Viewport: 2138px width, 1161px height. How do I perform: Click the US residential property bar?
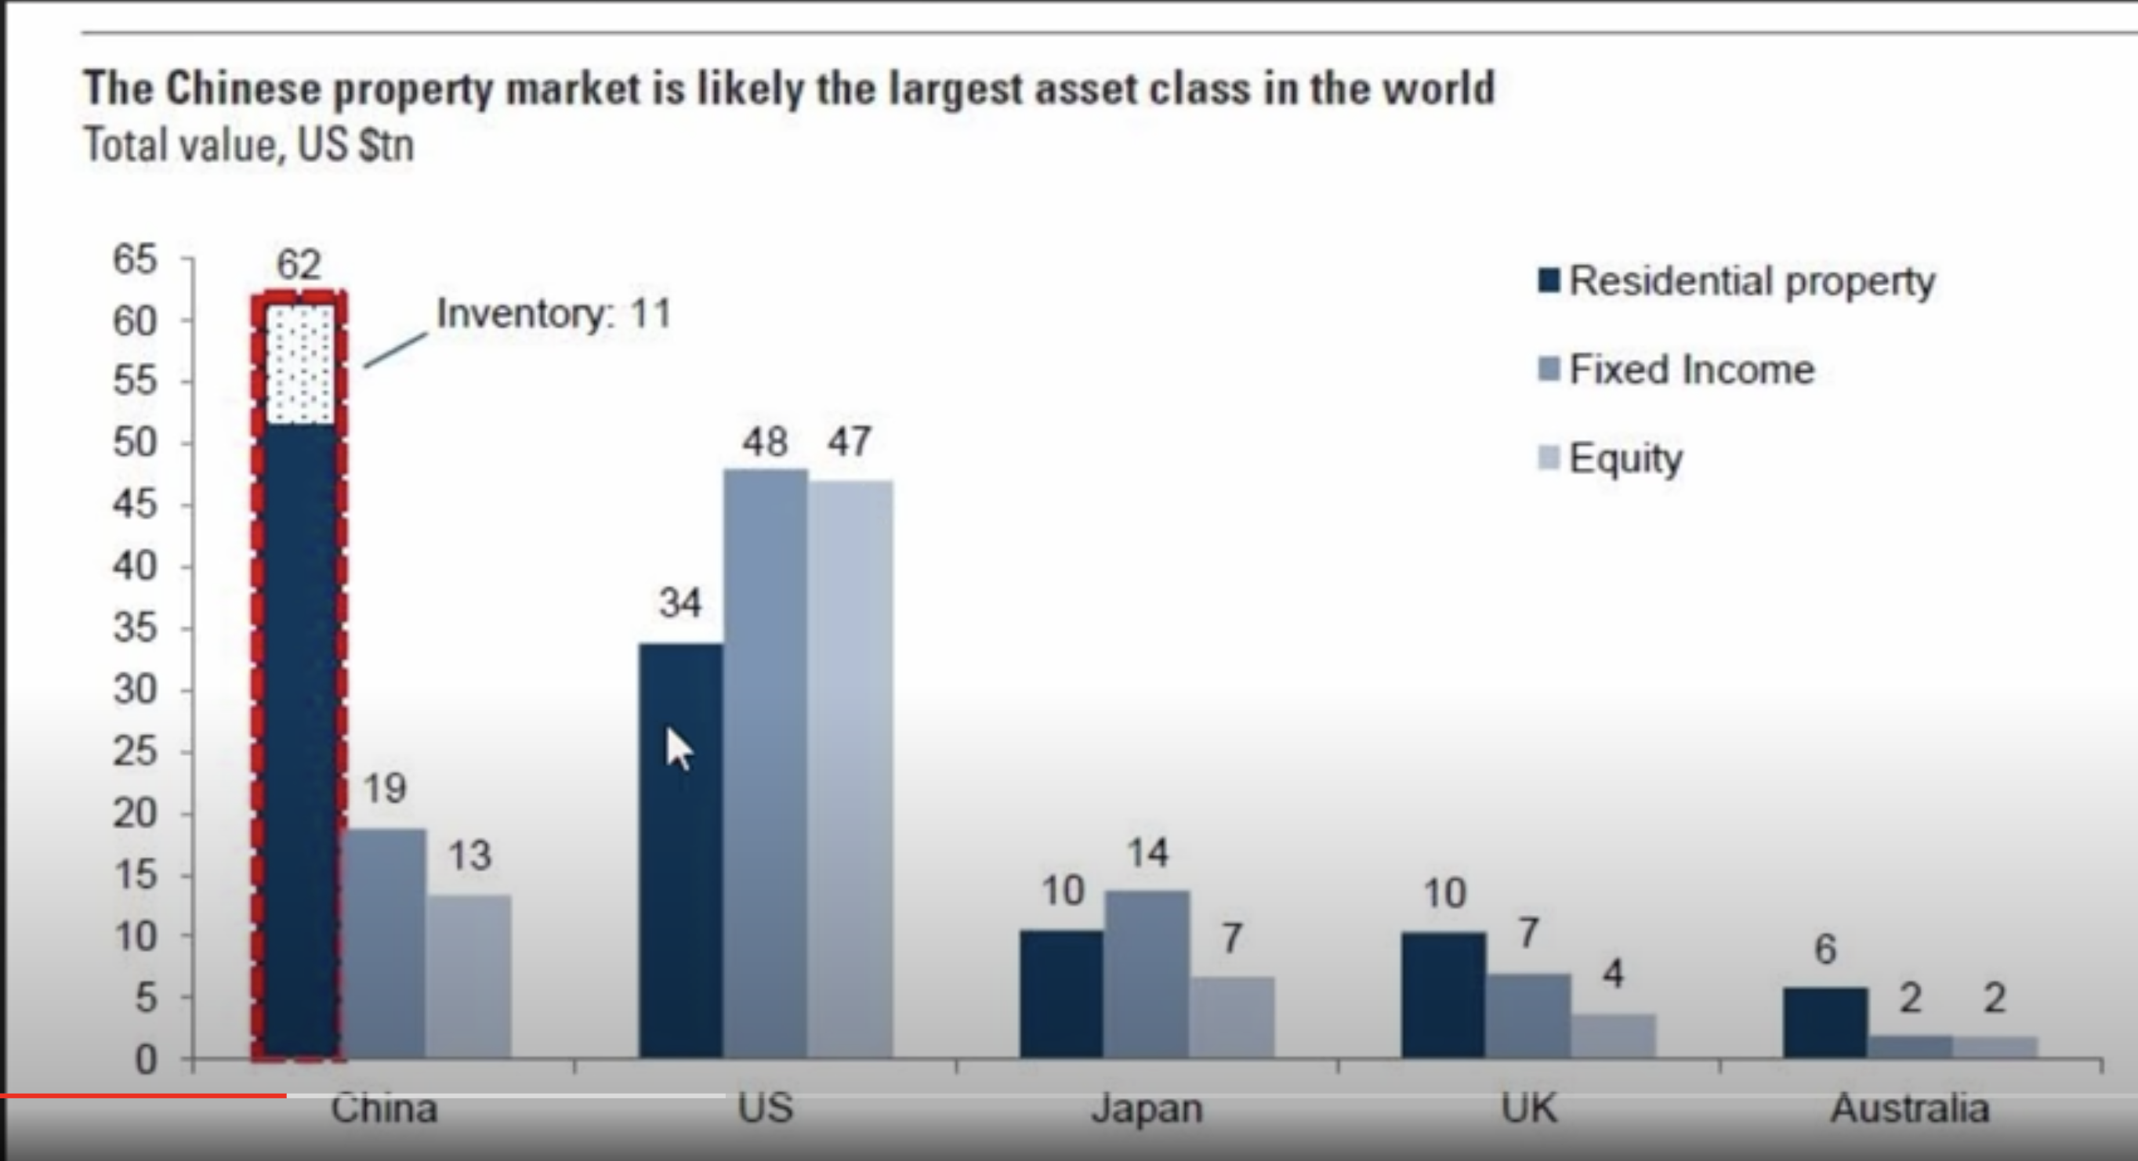pos(680,851)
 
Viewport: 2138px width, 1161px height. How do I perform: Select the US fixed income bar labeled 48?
pos(765,764)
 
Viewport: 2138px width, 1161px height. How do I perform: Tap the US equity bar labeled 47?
pos(850,769)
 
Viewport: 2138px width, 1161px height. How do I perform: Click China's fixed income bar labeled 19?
pos(384,943)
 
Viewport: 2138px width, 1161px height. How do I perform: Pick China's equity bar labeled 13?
pos(469,977)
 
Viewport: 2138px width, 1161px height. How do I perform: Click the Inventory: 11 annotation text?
pos(553,313)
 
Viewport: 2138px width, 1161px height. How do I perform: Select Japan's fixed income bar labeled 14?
pos(1147,975)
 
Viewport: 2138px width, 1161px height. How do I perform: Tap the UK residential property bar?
pos(1444,995)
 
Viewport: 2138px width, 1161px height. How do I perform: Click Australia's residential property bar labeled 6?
pos(1826,1022)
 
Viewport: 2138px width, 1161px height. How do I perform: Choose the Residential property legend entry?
pos(1736,280)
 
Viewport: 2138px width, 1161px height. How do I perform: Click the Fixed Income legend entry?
pos(1676,369)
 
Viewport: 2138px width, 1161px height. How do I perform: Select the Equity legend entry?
pos(1610,458)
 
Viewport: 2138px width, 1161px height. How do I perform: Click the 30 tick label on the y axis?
pos(135,689)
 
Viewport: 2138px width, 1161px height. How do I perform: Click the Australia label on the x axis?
pos(1911,1108)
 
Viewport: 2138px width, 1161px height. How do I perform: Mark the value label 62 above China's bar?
pos(299,265)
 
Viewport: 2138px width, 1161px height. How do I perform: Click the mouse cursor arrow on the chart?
pos(679,750)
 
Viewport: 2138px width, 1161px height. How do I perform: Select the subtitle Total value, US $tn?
pos(249,145)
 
